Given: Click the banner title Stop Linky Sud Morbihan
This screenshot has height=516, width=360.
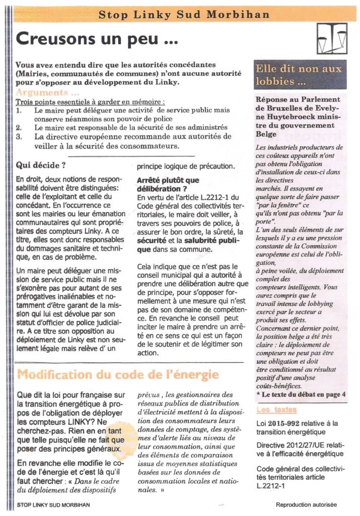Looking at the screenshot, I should [184, 15].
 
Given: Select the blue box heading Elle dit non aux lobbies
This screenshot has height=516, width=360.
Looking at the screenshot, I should [299, 75].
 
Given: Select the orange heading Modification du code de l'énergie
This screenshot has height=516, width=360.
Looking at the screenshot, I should [118, 375].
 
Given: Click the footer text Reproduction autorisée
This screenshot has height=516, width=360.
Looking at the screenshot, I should [306, 504].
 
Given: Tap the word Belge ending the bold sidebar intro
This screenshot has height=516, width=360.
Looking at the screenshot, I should [266, 135].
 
